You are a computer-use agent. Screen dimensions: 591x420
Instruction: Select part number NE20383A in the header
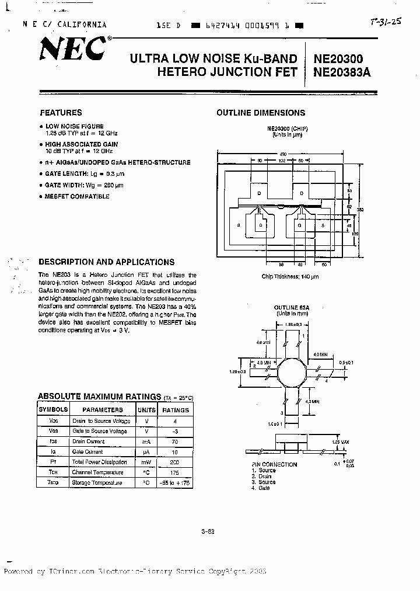[342, 72]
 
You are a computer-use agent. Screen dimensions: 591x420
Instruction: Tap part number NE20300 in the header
[338, 58]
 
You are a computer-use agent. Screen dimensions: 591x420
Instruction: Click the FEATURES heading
[61, 113]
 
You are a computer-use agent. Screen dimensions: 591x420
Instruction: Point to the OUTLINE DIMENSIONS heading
[261, 113]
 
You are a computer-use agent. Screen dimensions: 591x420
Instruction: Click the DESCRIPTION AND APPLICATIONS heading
[106, 262]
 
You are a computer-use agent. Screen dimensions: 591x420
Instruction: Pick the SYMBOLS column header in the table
[53, 410]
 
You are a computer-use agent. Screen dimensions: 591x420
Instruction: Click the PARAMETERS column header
[102, 410]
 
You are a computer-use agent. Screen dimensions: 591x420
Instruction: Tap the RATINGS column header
[176, 410]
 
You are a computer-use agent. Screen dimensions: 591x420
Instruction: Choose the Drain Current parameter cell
[87, 441]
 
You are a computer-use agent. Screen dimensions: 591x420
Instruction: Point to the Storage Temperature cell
[97, 483]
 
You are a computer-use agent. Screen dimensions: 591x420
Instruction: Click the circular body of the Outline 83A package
[290, 372]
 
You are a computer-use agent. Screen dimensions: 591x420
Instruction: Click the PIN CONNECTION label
[274, 465]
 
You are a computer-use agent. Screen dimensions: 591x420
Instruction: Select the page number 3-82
[208, 531]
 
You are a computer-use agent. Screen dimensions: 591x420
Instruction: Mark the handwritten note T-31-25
[386, 23]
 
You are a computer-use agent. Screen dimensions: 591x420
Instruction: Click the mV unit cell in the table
[146, 462]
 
